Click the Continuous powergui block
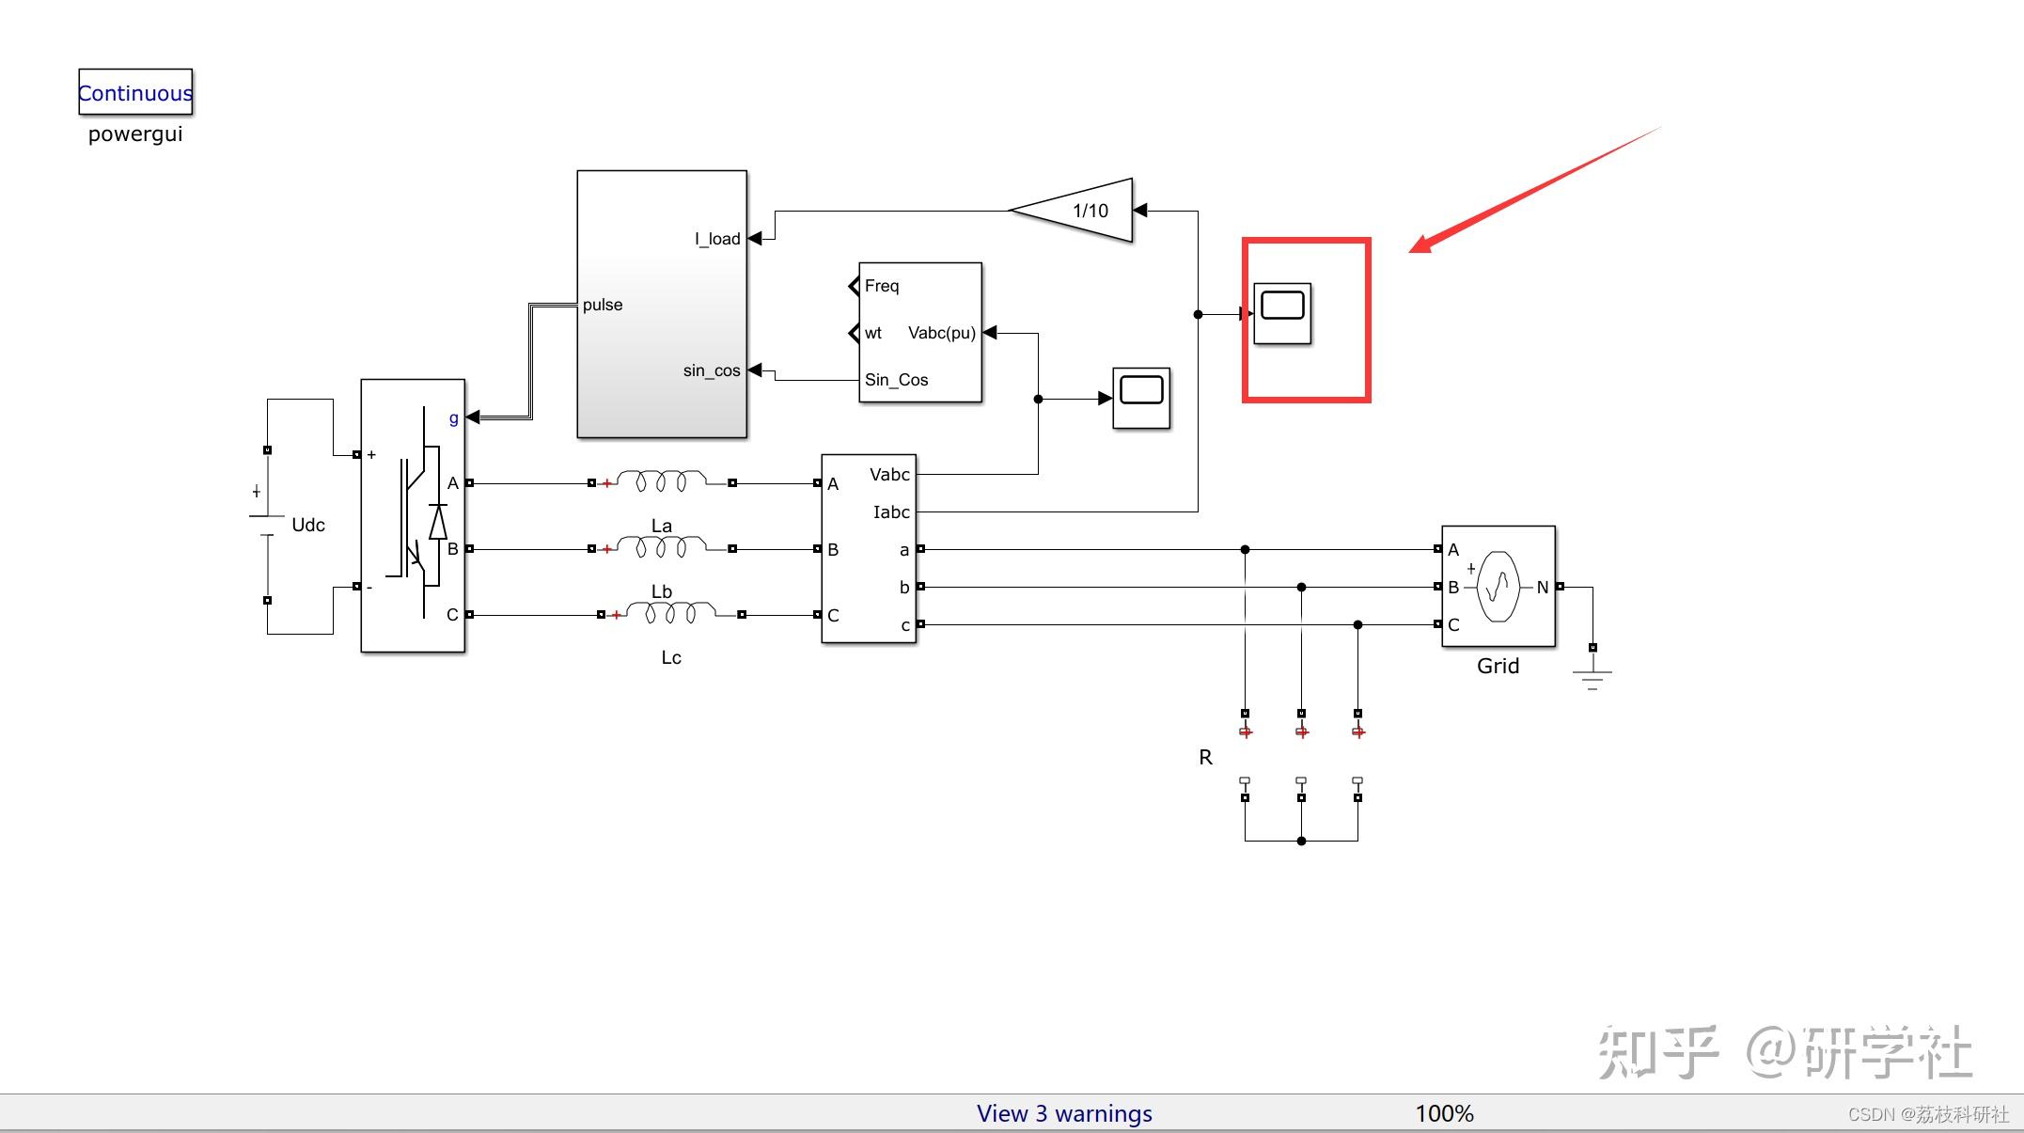(x=135, y=92)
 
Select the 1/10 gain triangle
(x=1081, y=211)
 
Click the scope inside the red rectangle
(x=1282, y=312)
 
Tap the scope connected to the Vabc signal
(x=1141, y=398)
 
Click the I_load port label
(x=717, y=239)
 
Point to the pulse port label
(x=603, y=305)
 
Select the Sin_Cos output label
(x=896, y=380)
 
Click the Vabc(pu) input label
(x=941, y=333)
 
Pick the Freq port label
(x=882, y=286)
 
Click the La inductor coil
(x=662, y=482)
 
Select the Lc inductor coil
(x=670, y=614)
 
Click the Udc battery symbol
(x=267, y=526)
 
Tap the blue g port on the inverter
(x=454, y=417)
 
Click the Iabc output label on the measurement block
(x=891, y=512)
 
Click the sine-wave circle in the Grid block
(x=1498, y=587)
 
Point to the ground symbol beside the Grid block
(x=1592, y=675)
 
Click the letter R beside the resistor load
(x=1205, y=757)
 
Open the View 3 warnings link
(x=1064, y=1113)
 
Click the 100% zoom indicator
(x=1444, y=1113)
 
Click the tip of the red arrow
(x=1412, y=251)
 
